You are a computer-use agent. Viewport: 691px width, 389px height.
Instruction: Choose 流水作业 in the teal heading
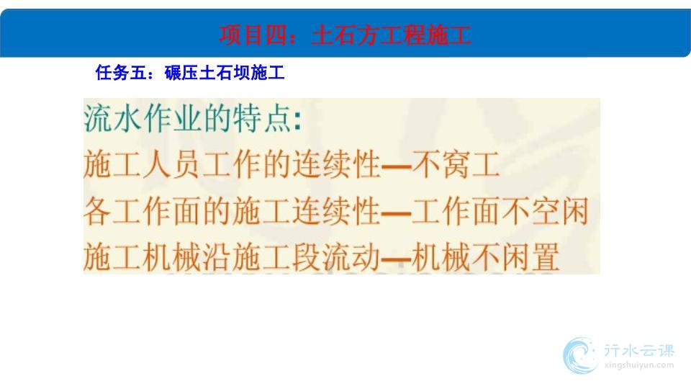pos(143,119)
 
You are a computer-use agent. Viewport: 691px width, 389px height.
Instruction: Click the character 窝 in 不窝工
pos(456,164)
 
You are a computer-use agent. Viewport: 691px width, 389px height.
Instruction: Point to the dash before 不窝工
pos(396,166)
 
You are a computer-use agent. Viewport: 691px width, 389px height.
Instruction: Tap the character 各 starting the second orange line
pos(98,211)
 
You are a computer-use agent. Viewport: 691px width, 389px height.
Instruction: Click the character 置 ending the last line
pos(545,257)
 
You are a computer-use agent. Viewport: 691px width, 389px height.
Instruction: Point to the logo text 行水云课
pos(639,351)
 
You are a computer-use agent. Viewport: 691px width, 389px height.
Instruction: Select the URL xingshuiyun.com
pos(639,365)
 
